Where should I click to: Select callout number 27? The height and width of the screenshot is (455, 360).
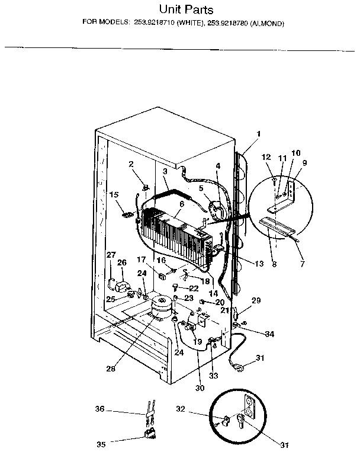[x=111, y=255]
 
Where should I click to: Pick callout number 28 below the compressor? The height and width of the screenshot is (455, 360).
[x=111, y=368]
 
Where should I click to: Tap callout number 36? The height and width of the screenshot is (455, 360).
[x=100, y=409]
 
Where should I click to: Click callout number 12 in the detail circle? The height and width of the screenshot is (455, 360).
[x=266, y=157]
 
